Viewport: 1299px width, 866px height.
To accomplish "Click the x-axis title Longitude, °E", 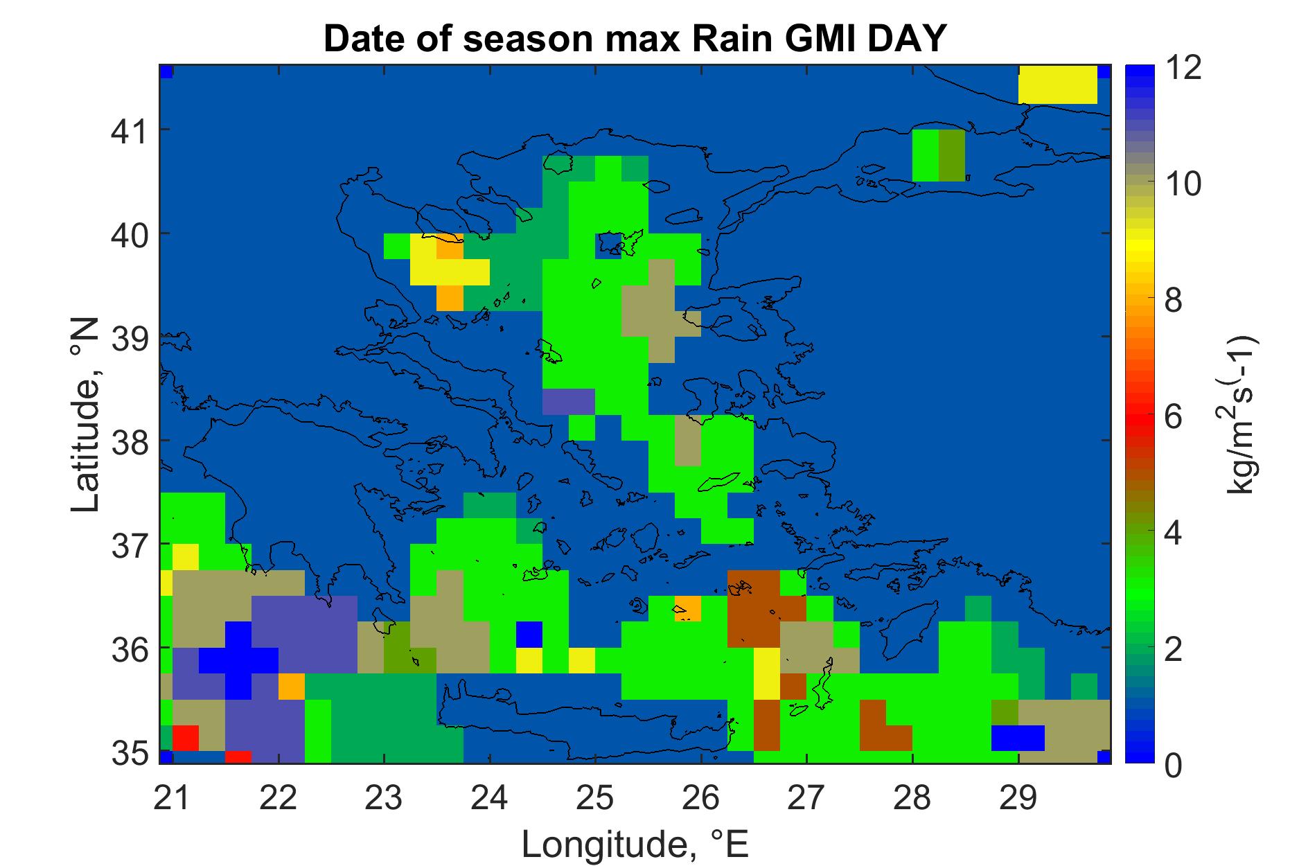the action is point(635,844).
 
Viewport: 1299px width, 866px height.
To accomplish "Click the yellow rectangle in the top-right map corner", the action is point(1057,85).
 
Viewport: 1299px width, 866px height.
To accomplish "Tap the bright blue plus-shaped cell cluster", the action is point(238,660).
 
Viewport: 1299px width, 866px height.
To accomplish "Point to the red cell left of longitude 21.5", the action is point(186,738).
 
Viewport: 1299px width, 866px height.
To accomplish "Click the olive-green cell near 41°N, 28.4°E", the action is point(951,155).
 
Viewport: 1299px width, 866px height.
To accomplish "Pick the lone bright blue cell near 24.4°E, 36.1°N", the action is point(529,635).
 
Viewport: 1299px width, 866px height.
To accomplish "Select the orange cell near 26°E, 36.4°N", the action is point(687,608).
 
